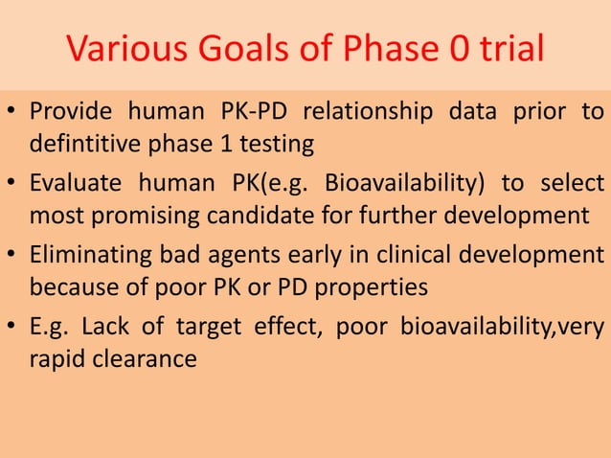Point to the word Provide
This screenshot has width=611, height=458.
click(68, 113)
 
